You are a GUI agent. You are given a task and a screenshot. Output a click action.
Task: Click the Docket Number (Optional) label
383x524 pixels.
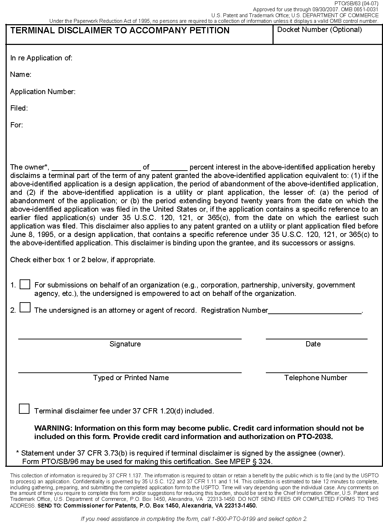pyautogui.click(x=319, y=30)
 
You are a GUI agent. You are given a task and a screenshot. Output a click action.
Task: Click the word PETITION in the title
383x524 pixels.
pyautogui.click(x=210, y=31)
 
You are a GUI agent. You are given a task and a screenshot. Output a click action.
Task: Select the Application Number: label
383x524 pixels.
pyautogui.click(x=43, y=92)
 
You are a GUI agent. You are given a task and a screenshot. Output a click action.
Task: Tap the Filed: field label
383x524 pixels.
pyautogui.click(x=19, y=108)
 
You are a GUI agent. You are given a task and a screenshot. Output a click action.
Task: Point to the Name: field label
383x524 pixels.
pyautogui.click(x=21, y=75)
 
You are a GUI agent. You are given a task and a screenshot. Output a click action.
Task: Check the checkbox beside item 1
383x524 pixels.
pyautogui.click(x=25, y=284)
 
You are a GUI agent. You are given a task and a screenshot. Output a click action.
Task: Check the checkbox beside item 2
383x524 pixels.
pyautogui.click(x=25, y=307)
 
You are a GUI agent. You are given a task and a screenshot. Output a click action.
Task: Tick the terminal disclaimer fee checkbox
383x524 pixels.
pyautogui.click(x=24, y=409)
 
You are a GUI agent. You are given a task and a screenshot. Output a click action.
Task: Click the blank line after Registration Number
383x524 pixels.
pyautogui.click(x=315, y=311)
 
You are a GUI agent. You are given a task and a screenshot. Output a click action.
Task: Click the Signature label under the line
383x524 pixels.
pyautogui.click(x=125, y=344)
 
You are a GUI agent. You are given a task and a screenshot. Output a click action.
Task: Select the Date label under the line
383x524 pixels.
pyautogui.click(x=313, y=344)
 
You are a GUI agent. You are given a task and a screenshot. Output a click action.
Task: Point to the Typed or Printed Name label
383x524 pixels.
pyautogui.click(x=131, y=378)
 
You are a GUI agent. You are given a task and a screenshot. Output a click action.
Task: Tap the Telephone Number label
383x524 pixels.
pyautogui.click(x=315, y=378)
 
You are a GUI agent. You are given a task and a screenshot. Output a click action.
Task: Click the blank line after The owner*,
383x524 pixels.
pyautogui.click(x=96, y=167)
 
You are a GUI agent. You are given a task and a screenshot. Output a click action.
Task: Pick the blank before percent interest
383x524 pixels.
pyautogui.click(x=169, y=167)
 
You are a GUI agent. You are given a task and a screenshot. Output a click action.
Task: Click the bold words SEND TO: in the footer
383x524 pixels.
pyautogui.click(x=49, y=506)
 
